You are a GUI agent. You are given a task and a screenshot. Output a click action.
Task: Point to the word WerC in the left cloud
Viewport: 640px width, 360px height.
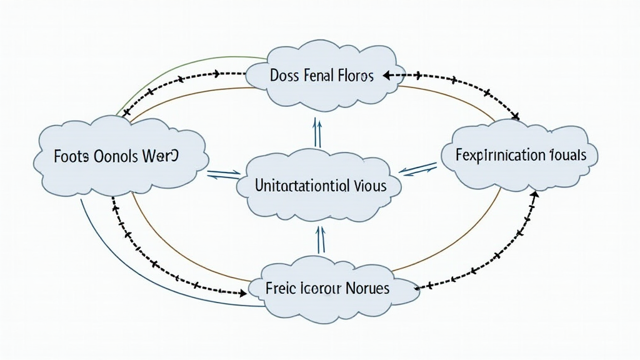pyautogui.click(x=162, y=156)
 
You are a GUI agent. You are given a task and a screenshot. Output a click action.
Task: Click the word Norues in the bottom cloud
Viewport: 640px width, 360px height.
pyautogui.click(x=367, y=288)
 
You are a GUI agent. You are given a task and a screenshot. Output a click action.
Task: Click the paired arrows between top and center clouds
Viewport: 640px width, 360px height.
pyautogui.click(x=317, y=133)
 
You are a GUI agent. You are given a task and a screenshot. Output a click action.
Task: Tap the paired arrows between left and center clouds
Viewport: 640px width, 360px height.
pyautogui.click(x=223, y=174)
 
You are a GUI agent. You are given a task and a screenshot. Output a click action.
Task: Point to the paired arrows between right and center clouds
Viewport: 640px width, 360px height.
pyautogui.click(x=417, y=167)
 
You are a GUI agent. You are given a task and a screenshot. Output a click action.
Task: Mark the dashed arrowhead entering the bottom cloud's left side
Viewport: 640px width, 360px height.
pyautogui.click(x=243, y=292)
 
